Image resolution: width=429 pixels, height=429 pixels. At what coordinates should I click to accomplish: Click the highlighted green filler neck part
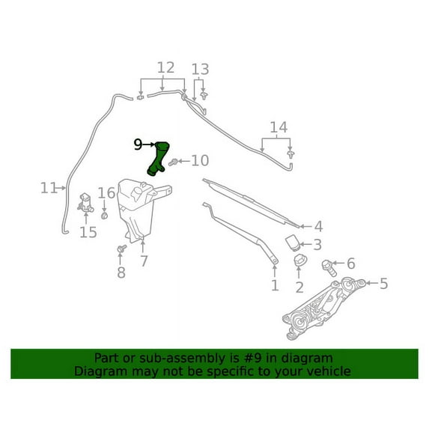coord(158,159)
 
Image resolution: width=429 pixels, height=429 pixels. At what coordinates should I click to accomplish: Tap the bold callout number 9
coord(138,144)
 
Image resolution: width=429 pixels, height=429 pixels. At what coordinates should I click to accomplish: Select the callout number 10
coord(200,161)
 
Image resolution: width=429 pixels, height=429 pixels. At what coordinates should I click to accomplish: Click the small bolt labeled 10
coord(173,162)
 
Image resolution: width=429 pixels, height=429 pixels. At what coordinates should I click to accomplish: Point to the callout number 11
coord(49,188)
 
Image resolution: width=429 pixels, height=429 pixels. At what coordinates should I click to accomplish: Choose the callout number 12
coord(165,67)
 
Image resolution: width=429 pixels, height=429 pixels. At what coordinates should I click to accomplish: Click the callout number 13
coord(200,69)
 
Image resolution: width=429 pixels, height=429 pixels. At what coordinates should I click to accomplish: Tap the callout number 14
coord(279,127)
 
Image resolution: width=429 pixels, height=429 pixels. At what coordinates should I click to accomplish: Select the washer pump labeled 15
coord(85,203)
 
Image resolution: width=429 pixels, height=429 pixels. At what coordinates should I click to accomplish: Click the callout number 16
coord(106,193)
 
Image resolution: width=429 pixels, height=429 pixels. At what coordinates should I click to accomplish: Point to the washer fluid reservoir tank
coord(139,208)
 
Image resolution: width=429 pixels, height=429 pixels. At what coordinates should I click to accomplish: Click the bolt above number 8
coord(121,249)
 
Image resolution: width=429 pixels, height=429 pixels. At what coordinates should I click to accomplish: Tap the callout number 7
coord(144,261)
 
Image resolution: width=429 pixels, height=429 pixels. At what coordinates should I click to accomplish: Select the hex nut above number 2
coord(300,261)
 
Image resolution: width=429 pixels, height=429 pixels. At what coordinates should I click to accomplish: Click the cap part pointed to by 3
coord(293,243)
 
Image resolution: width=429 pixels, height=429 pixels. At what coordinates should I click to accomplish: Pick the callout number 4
coord(318,227)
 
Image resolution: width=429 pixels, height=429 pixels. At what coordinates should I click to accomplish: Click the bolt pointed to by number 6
coord(329,268)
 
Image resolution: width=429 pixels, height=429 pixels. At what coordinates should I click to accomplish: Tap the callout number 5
coord(383,284)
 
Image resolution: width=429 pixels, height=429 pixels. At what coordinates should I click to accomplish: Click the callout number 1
coord(275,285)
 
